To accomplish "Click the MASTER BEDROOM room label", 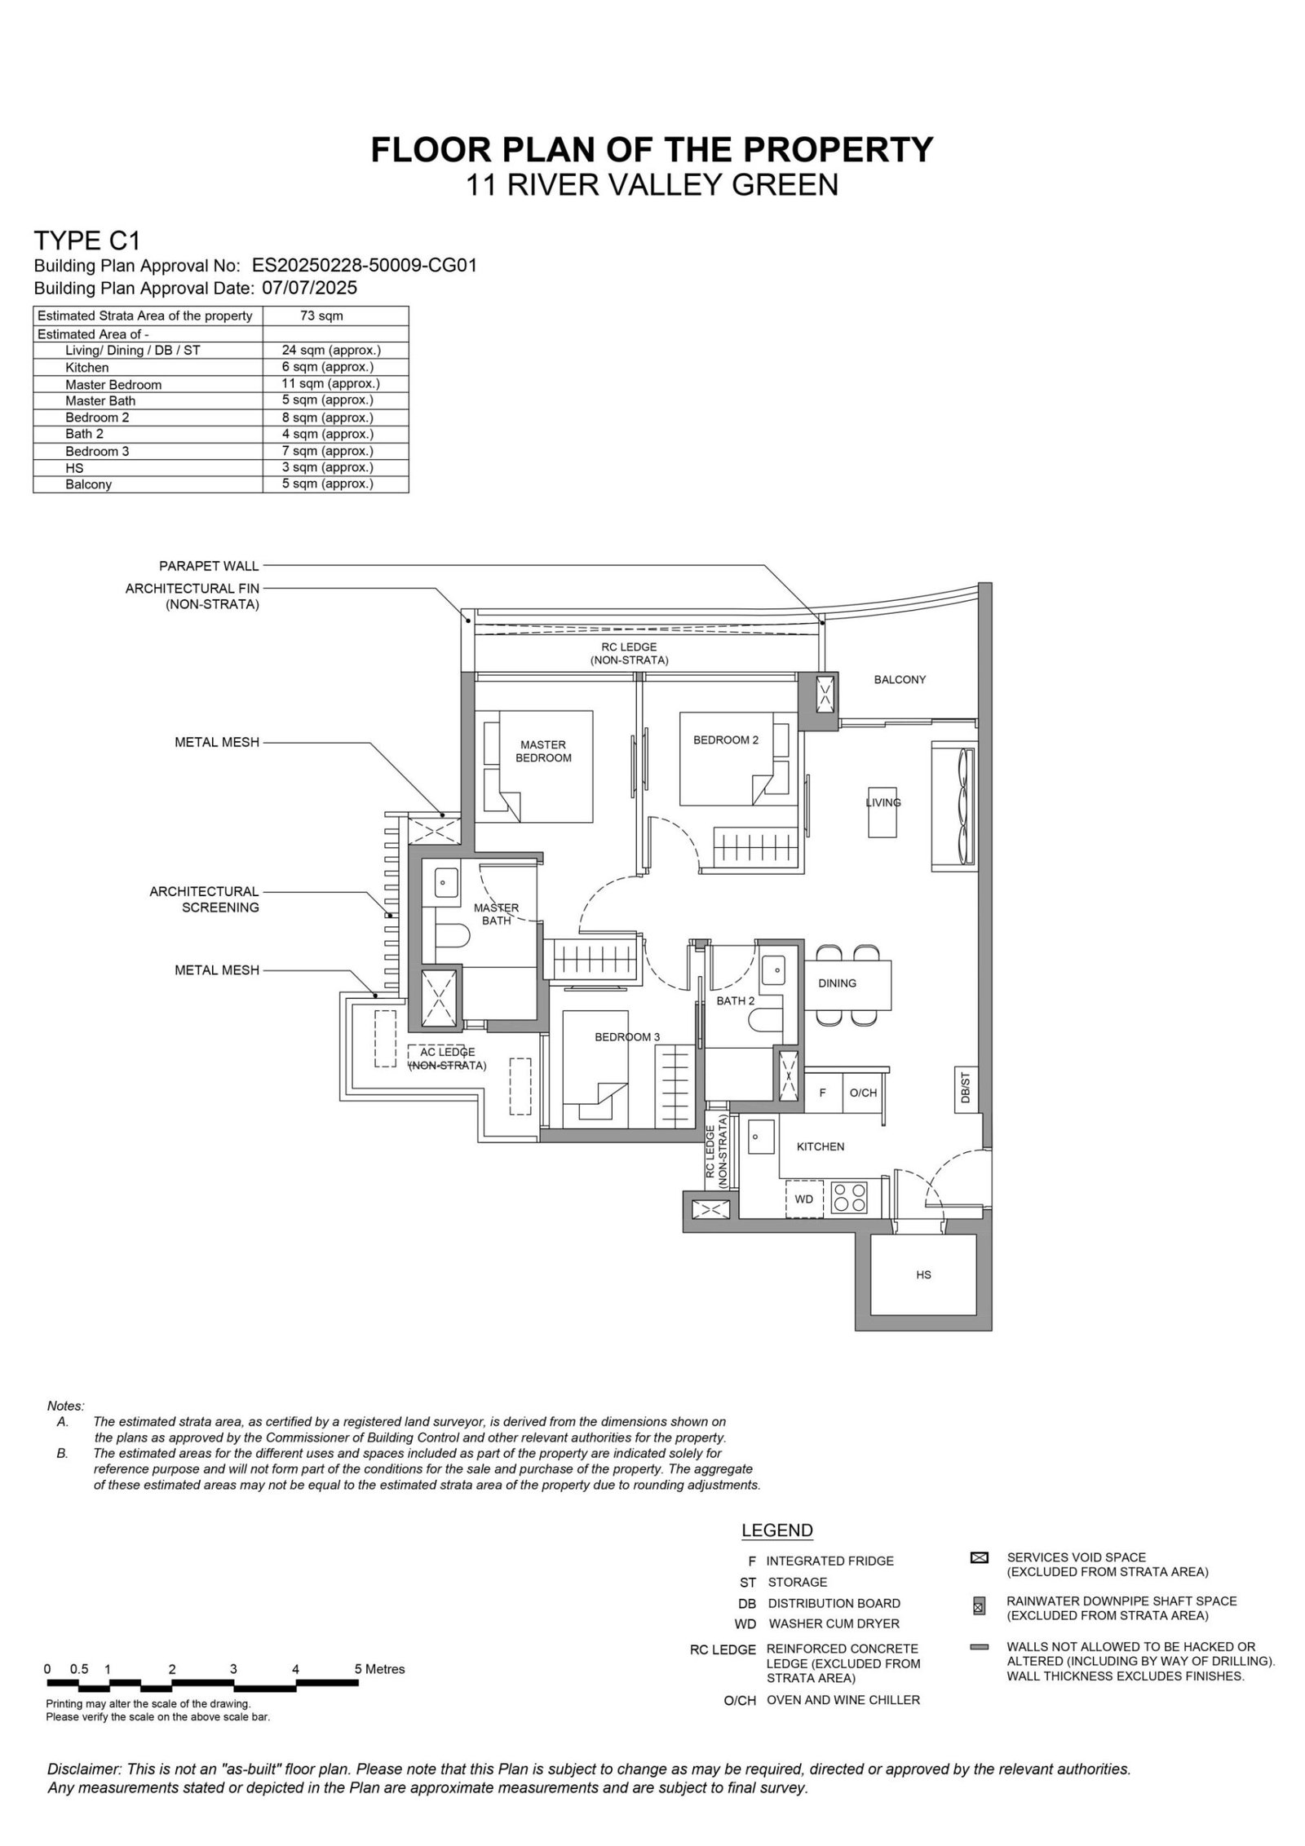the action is [543, 751].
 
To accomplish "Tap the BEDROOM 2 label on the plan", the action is [725, 740].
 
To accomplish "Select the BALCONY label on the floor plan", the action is [899, 679].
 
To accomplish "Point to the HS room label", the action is [922, 1274].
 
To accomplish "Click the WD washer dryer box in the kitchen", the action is [804, 1199].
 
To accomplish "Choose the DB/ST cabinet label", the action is [964, 1089].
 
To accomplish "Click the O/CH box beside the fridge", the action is [863, 1093].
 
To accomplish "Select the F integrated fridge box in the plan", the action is [823, 1093].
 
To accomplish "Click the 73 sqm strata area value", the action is [321, 316].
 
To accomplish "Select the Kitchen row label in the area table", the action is [86, 368].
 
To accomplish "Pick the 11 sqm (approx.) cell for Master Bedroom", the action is [331, 383].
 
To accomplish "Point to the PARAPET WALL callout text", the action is [209, 566].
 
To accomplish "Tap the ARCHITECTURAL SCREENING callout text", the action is [204, 899].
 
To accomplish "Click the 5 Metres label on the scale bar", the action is [379, 1669].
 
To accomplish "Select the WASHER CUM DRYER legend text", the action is [834, 1623].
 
